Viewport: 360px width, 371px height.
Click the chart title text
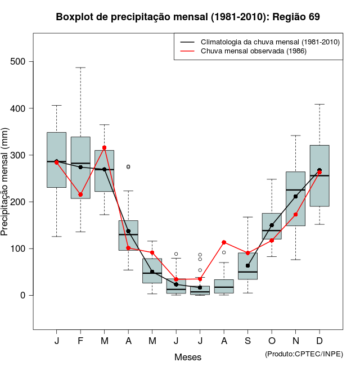pos(188,17)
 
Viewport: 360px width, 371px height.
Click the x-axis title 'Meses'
pos(188,357)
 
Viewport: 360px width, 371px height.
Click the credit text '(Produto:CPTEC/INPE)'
pos(304,354)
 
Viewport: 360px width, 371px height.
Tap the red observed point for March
pos(105,148)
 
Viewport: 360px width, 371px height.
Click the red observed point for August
pos(224,242)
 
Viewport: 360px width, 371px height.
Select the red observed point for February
pos(80,194)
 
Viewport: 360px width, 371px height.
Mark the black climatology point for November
pos(295,197)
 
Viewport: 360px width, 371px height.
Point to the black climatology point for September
pos(247,265)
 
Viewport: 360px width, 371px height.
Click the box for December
pos(319,175)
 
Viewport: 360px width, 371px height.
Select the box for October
pos(272,226)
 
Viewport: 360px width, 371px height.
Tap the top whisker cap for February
pos(80,67)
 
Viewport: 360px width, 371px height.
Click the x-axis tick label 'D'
pos(319,341)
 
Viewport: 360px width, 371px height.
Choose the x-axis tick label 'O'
pos(272,341)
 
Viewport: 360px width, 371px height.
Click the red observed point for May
pos(152,252)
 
